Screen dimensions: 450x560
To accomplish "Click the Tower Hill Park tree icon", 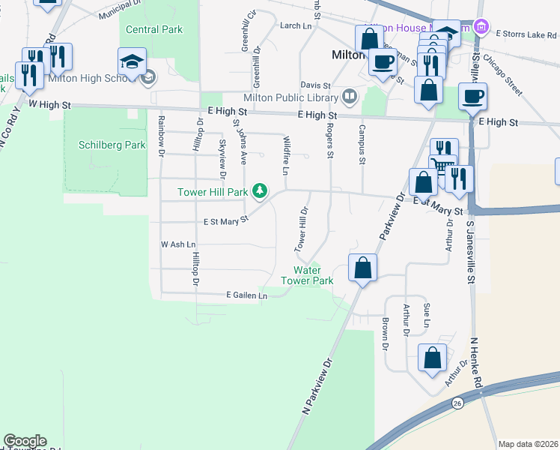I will click(260, 192).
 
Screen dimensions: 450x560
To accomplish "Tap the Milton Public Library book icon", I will click(349, 96).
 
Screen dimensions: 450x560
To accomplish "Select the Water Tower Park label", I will click(306, 275).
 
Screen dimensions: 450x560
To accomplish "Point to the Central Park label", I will click(154, 30).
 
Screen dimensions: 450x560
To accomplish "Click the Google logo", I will click(25, 441).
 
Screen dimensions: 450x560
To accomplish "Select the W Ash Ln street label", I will click(178, 244).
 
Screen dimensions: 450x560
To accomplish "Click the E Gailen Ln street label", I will click(246, 296).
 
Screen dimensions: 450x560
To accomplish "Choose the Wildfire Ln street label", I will click(287, 153).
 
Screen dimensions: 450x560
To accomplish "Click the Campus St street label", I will click(362, 144).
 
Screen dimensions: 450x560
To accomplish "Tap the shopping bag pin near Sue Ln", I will click(433, 358).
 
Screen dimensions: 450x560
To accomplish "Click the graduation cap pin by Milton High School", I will click(132, 62).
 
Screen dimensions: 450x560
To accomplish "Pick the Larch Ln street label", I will click(295, 25).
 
